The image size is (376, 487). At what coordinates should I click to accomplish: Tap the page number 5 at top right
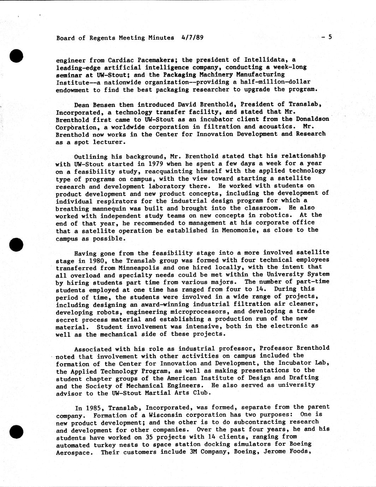pyautogui.click(x=330, y=37)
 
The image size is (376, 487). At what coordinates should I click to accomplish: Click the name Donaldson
pyautogui.click(x=312, y=119)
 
